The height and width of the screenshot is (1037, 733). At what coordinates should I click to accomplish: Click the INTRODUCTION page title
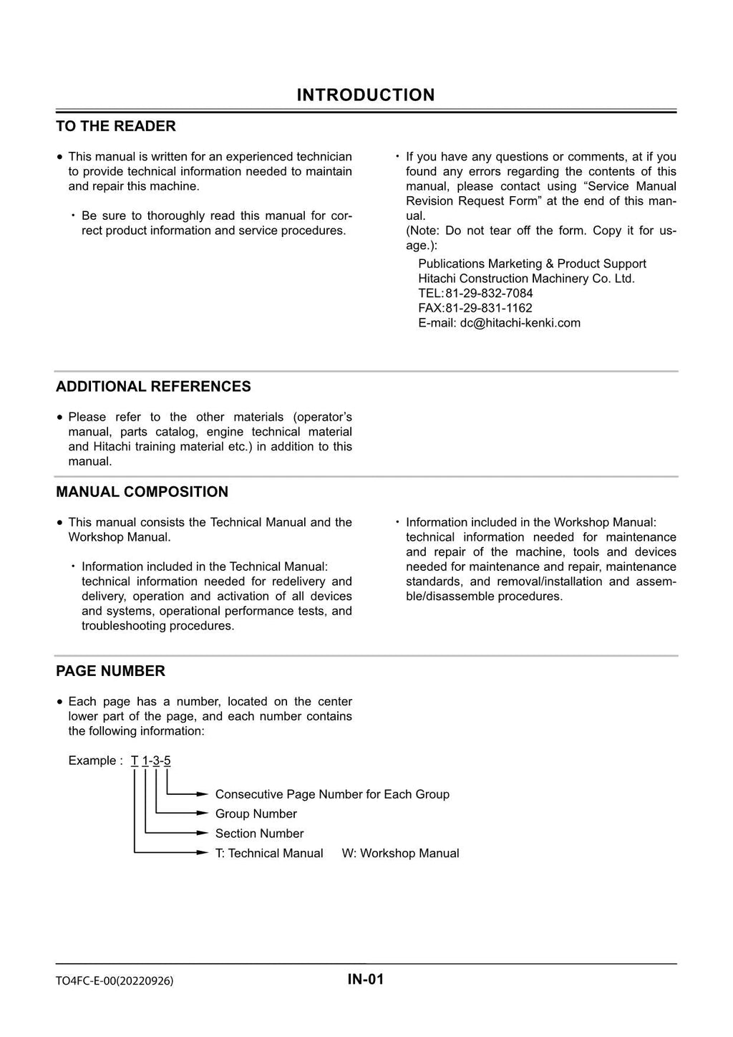point(365,95)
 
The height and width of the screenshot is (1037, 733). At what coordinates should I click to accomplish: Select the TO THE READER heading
point(116,126)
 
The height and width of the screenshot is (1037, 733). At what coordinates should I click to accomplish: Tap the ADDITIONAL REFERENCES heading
point(153,387)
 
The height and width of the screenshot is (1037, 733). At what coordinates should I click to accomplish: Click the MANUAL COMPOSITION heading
point(142,492)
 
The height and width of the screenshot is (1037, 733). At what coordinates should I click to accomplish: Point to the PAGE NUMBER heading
point(110,671)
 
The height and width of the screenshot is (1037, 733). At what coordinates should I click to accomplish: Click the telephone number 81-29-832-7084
point(489,293)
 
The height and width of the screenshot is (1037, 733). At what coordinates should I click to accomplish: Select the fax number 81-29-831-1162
point(489,308)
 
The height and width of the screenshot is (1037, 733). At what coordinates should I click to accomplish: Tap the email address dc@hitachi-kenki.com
point(520,323)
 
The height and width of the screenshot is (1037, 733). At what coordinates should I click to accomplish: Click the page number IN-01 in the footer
point(366,980)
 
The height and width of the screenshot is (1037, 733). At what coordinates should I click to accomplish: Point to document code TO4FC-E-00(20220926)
point(115,981)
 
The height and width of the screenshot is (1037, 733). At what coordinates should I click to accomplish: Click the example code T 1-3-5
point(151,761)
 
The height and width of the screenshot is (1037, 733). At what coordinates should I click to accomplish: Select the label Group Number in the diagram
point(256,814)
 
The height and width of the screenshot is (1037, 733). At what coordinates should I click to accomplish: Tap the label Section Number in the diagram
point(259,834)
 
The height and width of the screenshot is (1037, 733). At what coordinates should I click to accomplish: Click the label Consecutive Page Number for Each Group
point(332,794)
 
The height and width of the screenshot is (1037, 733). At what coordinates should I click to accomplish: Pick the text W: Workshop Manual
point(400,854)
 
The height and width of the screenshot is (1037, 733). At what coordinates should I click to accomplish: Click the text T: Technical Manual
point(269,854)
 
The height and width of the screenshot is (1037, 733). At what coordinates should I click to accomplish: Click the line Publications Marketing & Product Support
point(532,264)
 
